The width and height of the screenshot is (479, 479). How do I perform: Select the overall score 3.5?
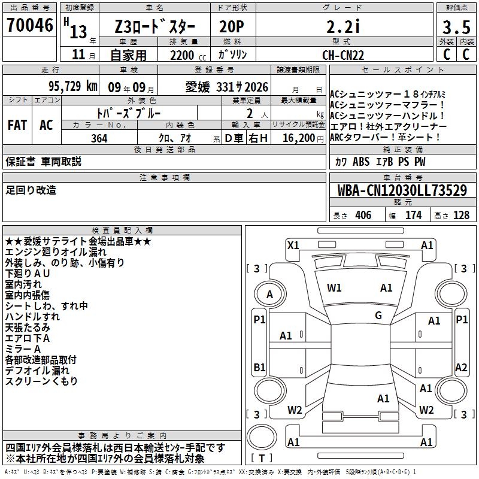(x=455, y=28)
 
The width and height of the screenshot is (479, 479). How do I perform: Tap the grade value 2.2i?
(x=342, y=28)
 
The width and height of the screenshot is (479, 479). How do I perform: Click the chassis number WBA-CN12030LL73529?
(x=402, y=191)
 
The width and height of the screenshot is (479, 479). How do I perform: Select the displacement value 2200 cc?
(x=182, y=55)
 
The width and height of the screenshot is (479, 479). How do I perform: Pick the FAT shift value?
(x=17, y=125)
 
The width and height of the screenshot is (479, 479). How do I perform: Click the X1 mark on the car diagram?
(x=293, y=245)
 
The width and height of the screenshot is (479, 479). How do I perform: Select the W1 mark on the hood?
(x=334, y=288)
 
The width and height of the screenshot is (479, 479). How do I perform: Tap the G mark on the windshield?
(x=378, y=316)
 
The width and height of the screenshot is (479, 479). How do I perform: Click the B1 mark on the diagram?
(x=259, y=367)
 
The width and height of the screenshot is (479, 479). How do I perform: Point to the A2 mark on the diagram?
(x=461, y=368)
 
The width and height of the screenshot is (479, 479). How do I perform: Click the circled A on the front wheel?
(x=270, y=295)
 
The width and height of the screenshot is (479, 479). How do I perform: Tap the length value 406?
(x=363, y=216)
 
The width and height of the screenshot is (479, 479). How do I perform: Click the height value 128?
(x=461, y=216)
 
